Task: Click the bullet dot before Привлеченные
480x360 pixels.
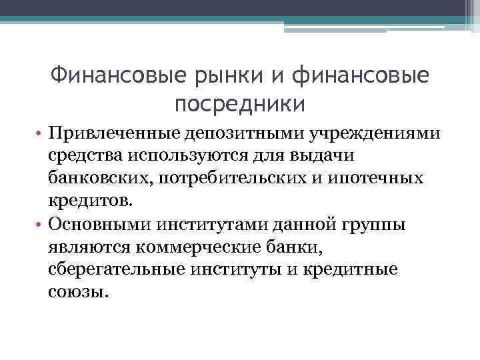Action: [x=41, y=133]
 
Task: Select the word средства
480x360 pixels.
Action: [x=81, y=157]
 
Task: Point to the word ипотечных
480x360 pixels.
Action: [x=381, y=179]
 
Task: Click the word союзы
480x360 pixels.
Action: [x=77, y=293]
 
